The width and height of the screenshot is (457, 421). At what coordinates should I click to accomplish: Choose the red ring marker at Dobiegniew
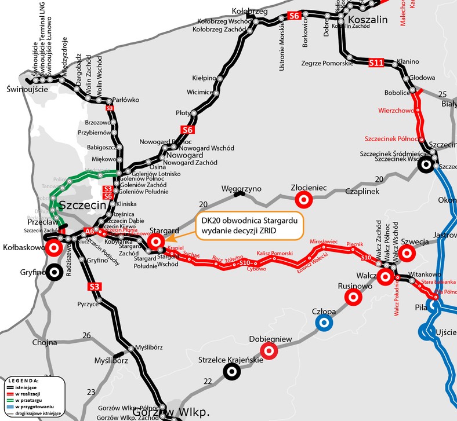pyautogui.click(x=268, y=351)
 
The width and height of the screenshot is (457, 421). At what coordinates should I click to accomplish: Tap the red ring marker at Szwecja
pyautogui.click(x=407, y=252)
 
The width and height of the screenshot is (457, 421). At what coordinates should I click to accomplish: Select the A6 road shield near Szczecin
pyautogui.click(x=89, y=231)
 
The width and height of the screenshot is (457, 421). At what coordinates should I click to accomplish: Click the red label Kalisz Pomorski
pyautogui.click(x=274, y=254)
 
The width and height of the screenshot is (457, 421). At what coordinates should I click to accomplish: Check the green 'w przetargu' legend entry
pyautogui.click(x=21, y=400)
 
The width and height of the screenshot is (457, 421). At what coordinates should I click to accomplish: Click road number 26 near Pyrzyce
pyautogui.click(x=86, y=335)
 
